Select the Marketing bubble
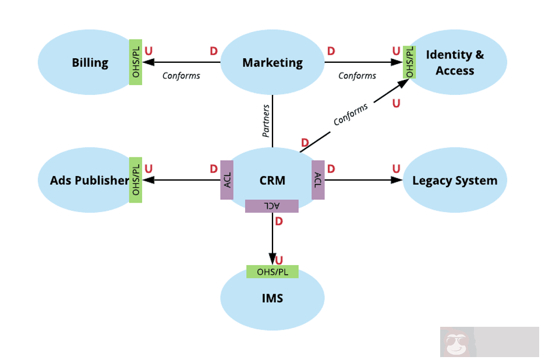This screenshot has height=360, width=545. pyautogui.click(x=272, y=62)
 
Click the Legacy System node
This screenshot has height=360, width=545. pyautogui.click(x=455, y=180)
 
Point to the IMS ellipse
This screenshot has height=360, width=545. pyautogui.click(x=272, y=298)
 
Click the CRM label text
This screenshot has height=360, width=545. pyautogui.click(x=272, y=180)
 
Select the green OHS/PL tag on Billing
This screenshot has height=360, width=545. pyautogui.click(x=136, y=62)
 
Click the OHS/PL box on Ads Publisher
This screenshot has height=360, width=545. pyautogui.click(x=136, y=180)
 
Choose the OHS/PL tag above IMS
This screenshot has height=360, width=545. pyautogui.click(x=272, y=271)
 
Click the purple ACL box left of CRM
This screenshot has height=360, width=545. pyautogui.click(x=227, y=180)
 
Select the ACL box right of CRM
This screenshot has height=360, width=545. pyautogui.click(x=318, y=180)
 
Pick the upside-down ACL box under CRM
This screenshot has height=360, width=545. pyautogui.click(x=272, y=206)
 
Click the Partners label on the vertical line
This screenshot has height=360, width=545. pyautogui.click(x=266, y=121)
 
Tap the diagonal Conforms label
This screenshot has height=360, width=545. pyautogui.click(x=351, y=114)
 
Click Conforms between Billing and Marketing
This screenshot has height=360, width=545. pyautogui.click(x=181, y=76)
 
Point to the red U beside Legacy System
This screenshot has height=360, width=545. pyautogui.click(x=397, y=169)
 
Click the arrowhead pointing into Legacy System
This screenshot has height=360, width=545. pyautogui.click(x=397, y=180)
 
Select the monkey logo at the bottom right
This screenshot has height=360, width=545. pyautogui.click(x=457, y=343)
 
